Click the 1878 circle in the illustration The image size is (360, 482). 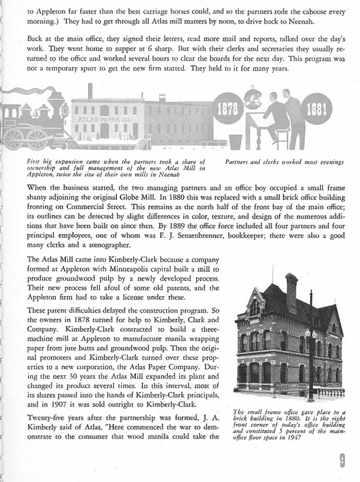(229, 111)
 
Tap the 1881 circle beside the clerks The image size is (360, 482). (318, 111)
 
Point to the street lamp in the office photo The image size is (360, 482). (310, 335)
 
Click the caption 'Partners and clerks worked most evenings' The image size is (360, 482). (285, 163)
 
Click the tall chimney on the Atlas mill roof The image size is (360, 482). (90, 90)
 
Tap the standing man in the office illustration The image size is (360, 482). (294, 118)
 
